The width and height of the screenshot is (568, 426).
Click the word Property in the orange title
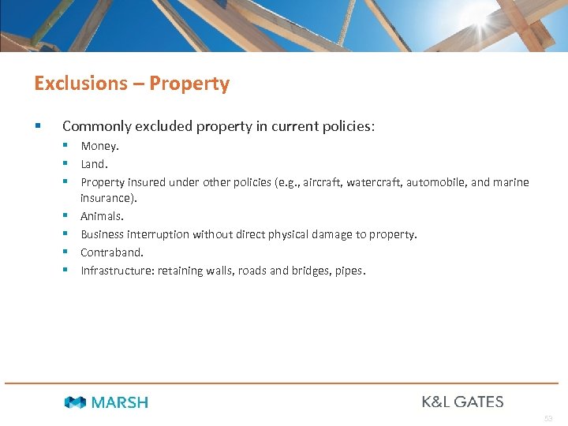189,84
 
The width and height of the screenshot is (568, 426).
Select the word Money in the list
99,146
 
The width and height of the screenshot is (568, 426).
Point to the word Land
94,164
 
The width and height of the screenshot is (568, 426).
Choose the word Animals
102,216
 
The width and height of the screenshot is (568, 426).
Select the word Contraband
111,252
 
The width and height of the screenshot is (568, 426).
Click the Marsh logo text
119,402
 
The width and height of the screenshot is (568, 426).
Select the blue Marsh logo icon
75,402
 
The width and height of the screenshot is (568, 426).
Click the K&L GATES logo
462,402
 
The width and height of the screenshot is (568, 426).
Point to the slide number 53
548,417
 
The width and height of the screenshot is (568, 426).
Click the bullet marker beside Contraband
69,252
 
